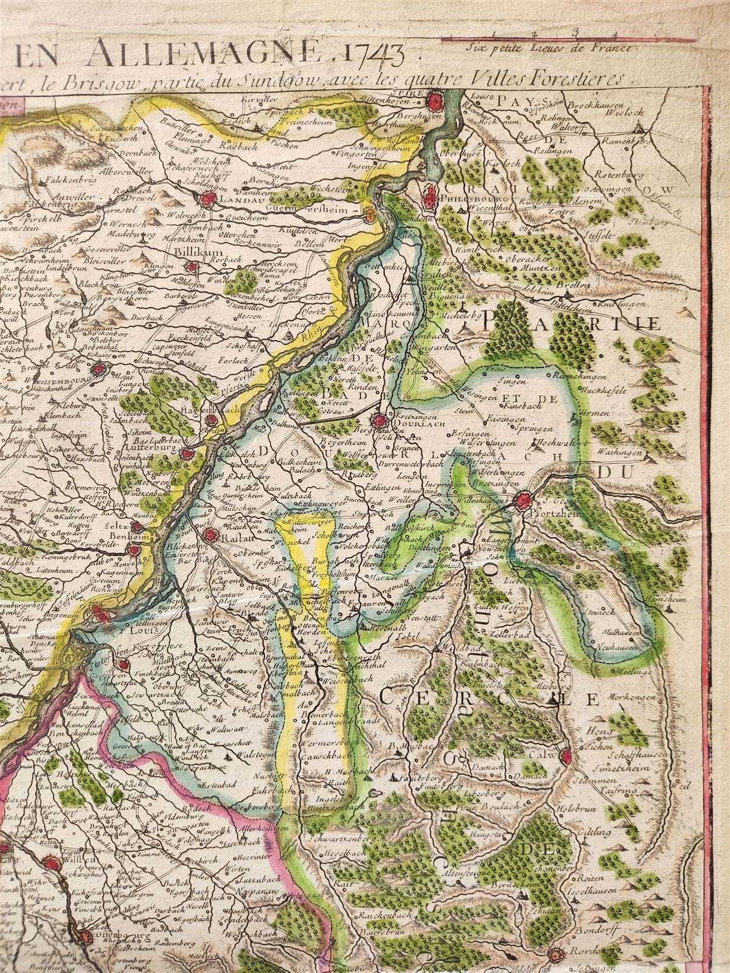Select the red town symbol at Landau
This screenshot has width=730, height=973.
click(x=207, y=198)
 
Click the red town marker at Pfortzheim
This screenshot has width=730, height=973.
click(x=522, y=501)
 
